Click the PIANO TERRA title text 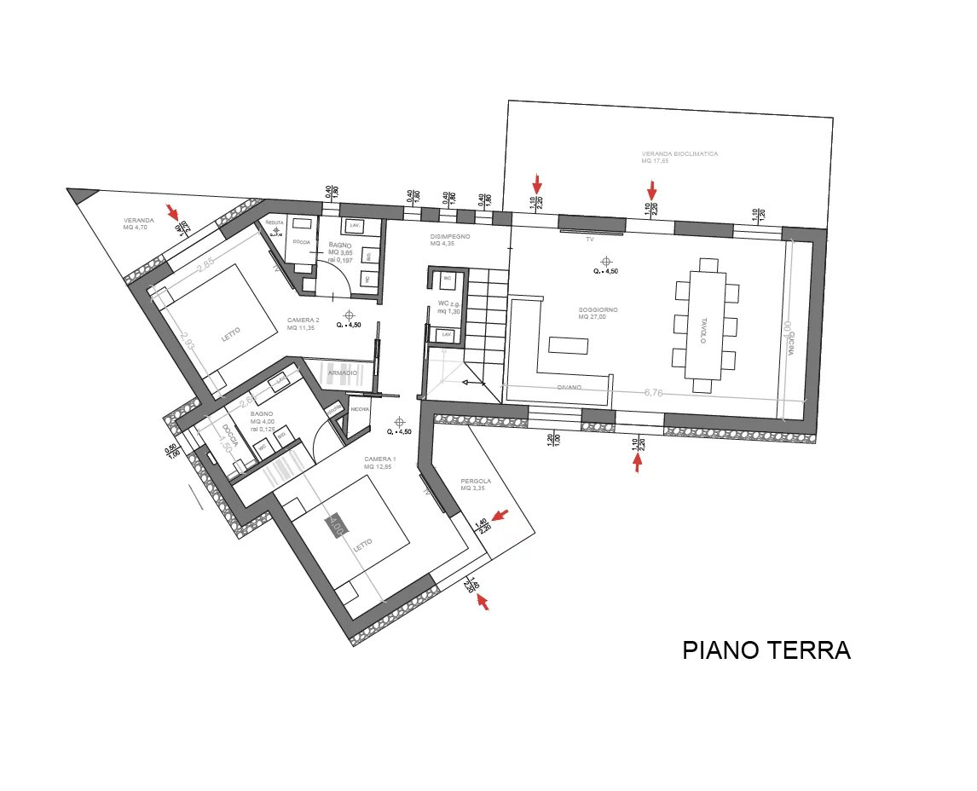click(x=766, y=650)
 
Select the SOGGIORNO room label click(x=598, y=310)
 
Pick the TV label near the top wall click(x=589, y=240)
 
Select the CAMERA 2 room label click(x=303, y=320)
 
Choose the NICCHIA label click(x=361, y=409)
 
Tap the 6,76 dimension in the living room click(x=654, y=392)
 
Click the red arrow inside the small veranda click(x=173, y=210)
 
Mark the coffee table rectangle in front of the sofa click(x=569, y=345)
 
